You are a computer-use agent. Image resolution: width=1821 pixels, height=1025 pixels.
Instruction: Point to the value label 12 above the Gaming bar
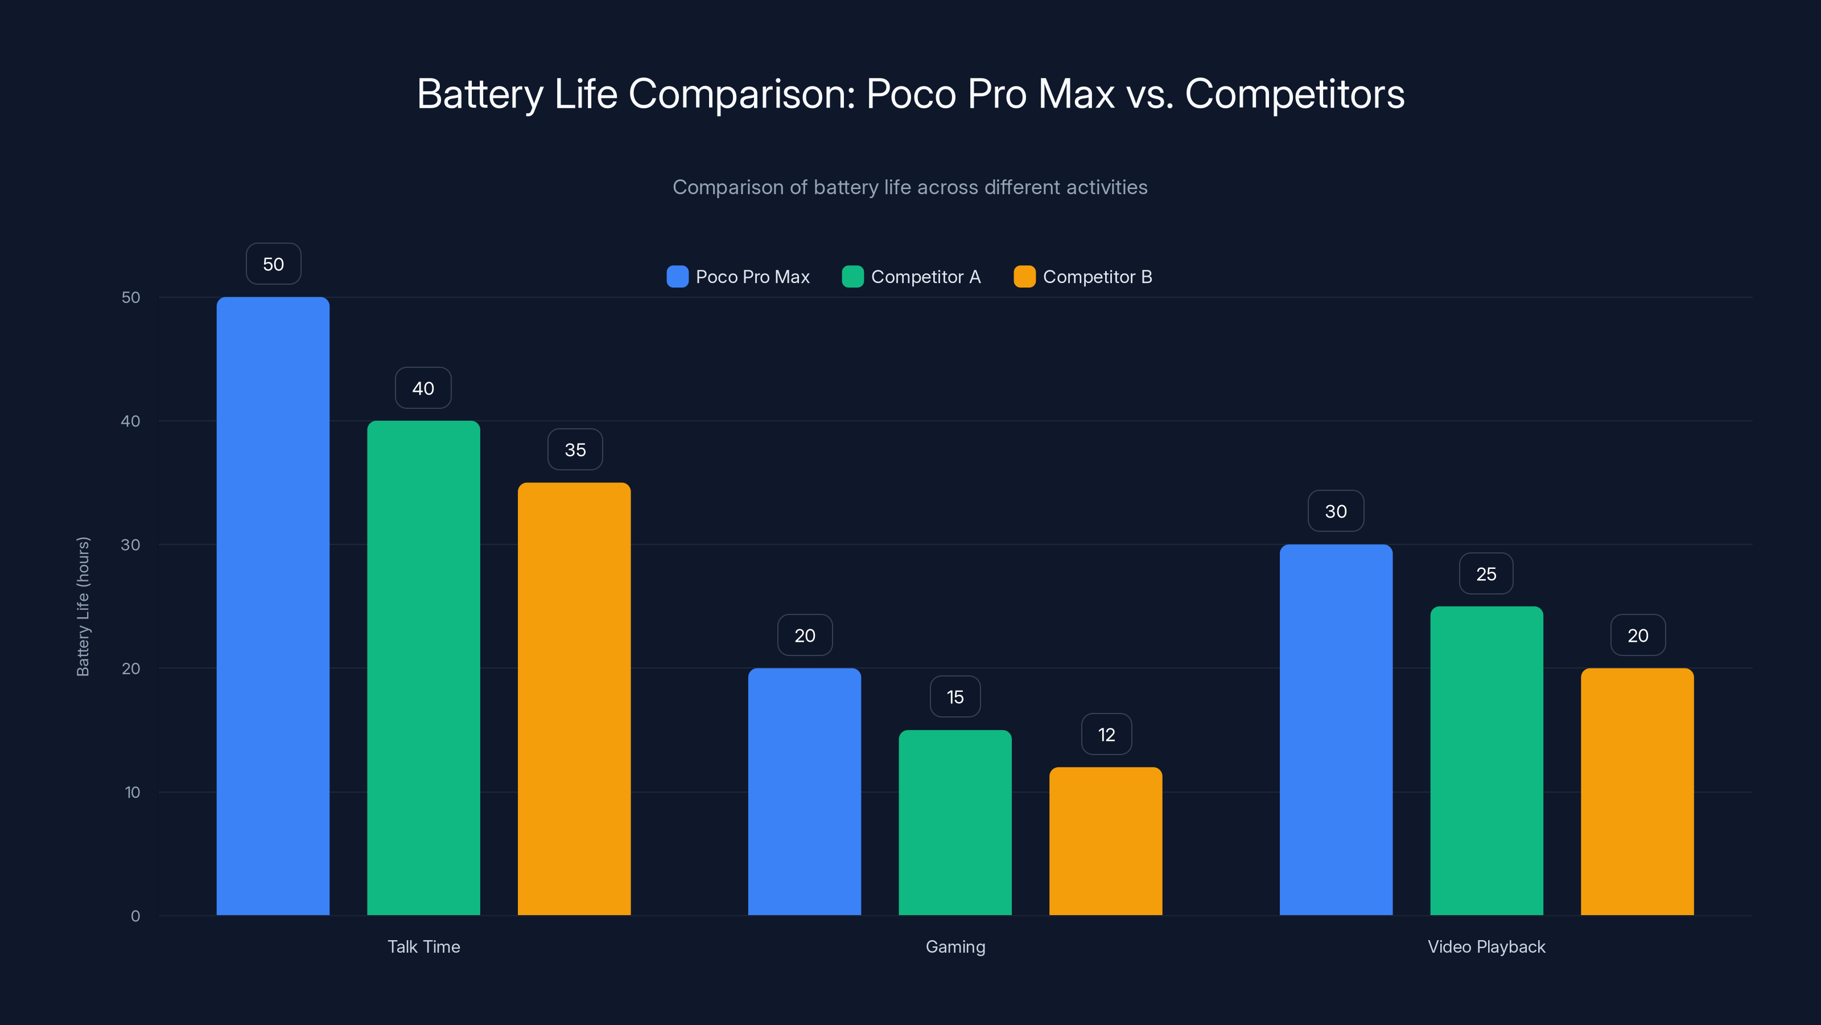1106,734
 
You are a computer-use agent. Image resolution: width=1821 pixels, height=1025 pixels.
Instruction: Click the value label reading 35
575,449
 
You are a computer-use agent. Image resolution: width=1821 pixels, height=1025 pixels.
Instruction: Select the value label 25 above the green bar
1486,573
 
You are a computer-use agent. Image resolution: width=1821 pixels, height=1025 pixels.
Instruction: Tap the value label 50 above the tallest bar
274,264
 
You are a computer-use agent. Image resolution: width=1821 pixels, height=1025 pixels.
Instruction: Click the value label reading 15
955,697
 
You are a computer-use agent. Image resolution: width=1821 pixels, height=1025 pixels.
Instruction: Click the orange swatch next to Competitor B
1024,277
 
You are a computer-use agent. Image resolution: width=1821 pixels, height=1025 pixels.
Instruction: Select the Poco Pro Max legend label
752,277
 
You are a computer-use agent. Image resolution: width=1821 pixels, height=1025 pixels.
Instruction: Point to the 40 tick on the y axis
131,421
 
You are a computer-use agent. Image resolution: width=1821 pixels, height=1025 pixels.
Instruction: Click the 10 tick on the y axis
132,792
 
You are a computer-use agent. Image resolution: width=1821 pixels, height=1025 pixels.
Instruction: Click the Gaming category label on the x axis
955,946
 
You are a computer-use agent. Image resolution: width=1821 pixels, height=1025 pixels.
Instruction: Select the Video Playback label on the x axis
1486,946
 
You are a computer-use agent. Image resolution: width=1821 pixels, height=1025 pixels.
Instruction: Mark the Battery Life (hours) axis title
83,606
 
